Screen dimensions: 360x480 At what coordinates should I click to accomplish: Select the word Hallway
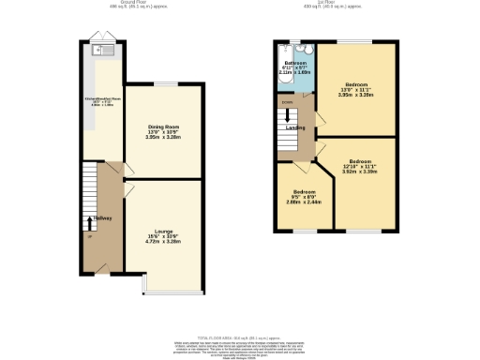pyautogui.click(x=102, y=218)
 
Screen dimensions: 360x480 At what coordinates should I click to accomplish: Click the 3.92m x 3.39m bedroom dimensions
pyautogui.click(x=359, y=172)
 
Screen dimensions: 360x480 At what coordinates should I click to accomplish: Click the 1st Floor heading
pyautogui.click(x=334, y=4)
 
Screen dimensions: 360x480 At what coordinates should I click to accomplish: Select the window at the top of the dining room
pyautogui.click(x=166, y=84)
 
